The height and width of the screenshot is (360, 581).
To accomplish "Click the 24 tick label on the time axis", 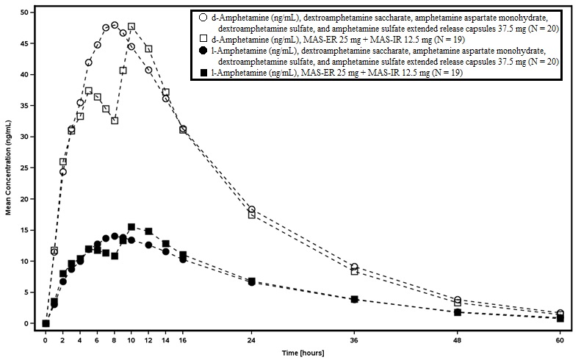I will tap(251, 341).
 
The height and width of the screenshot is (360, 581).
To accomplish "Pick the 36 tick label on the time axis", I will tap(354, 341).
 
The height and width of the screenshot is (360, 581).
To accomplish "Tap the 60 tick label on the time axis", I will tap(560, 341).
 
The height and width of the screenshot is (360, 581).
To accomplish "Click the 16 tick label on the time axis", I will tap(183, 341).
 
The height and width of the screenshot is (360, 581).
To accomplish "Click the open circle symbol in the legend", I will tap(202, 16).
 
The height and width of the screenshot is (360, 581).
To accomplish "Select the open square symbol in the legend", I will tap(202, 38).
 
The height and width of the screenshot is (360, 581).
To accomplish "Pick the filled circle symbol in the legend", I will tap(202, 50).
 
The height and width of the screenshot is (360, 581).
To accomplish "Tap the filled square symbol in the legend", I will tap(202, 72).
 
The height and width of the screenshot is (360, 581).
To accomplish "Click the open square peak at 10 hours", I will tap(131, 26).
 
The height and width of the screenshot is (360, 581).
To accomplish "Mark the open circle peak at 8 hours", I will tap(115, 25).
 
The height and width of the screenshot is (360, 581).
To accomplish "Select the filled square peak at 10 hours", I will tap(131, 227).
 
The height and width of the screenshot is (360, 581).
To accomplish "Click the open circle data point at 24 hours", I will tap(252, 209).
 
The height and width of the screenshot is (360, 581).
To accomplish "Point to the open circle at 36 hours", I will tap(355, 267).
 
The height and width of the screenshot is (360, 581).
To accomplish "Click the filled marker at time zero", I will tap(46, 323).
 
